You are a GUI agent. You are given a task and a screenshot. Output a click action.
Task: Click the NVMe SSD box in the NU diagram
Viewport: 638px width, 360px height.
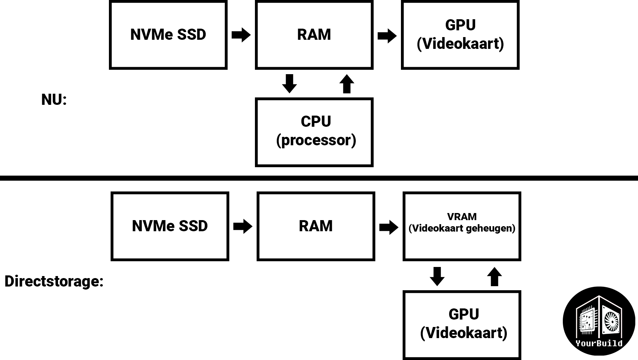point(168,35)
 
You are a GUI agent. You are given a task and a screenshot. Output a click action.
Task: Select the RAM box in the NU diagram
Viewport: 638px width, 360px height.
point(314,35)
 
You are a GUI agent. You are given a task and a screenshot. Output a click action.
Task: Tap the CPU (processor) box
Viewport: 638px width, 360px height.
point(314,132)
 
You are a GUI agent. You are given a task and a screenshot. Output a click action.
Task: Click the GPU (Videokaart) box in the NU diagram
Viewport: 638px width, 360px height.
point(460,35)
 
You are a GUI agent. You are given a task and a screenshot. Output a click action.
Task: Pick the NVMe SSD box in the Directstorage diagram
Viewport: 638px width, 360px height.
point(170,226)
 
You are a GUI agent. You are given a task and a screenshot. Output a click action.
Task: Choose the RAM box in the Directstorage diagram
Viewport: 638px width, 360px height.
point(316,226)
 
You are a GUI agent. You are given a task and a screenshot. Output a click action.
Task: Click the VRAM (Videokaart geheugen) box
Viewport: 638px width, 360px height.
point(462,226)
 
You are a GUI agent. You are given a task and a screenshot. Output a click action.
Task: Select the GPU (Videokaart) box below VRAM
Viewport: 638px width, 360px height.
point(462,325)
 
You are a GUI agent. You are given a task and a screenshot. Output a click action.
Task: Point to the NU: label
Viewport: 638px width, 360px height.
point(54,100)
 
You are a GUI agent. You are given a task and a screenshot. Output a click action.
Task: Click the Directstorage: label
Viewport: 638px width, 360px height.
point(54,281)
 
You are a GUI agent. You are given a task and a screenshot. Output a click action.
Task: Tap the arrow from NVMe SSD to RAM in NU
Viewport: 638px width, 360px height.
point(241,35)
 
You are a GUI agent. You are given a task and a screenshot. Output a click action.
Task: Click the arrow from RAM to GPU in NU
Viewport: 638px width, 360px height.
point(387,36)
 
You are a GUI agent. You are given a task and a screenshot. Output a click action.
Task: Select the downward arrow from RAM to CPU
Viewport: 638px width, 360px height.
point(289,84)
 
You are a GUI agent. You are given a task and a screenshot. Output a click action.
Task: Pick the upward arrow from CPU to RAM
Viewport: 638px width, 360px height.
point(347,84)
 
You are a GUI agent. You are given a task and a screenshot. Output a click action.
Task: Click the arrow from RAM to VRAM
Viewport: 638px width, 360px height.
point(389,227)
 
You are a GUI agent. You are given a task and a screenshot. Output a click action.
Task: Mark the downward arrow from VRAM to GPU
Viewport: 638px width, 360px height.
point(437,276)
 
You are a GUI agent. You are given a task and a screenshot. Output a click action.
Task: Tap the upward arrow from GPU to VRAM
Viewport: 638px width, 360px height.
point(494,276)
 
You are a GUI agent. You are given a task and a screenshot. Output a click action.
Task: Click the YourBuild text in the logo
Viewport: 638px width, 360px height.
point(599,343)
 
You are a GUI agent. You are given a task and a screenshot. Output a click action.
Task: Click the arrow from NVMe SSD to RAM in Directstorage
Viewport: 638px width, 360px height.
point(243,226)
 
